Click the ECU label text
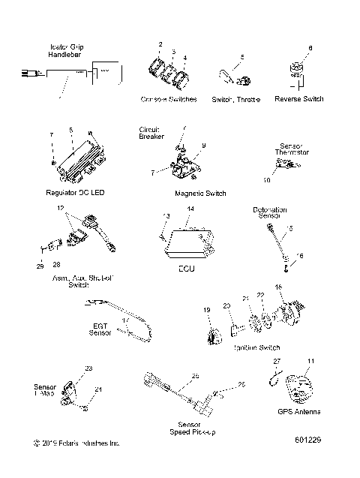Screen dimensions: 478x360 pyautogui.click(x=187, y=267)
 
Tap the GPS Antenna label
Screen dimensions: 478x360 pyautogui.click(x=300, y=412)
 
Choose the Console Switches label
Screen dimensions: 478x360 pyautogui.click(x=169, y=99)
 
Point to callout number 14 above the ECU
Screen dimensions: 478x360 pyautogui.click(x=190, y=208)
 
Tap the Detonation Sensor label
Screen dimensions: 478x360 pyautogui.click(x=272, y=212)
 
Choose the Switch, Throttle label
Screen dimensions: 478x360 pyautogui.click(x=235, y=99)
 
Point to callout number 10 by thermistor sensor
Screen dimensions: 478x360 pyautogui.click(x=267, y=181)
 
